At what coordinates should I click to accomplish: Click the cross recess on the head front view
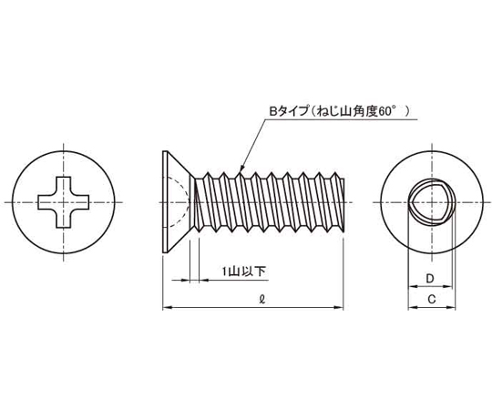[64, 202]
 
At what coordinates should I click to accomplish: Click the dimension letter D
[430, 278]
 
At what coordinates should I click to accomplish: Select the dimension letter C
[432, 300]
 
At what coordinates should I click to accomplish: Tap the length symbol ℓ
[262, 300]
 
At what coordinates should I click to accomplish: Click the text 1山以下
[244, 271]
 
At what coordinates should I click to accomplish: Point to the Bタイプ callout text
[289, 111]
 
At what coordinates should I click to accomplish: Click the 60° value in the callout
[385, 111]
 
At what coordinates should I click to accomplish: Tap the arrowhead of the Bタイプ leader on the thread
[241, 170]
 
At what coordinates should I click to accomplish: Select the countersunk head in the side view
[176, 202]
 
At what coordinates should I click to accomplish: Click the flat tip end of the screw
[343, 205]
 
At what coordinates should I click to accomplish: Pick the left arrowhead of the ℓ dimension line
[167, 307]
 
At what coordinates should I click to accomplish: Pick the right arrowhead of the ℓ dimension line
[339, 307]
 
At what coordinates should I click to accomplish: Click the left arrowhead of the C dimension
[413, 308]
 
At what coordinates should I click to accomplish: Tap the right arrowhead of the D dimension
[447, 286]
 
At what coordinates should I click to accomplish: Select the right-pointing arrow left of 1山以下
[180, 280]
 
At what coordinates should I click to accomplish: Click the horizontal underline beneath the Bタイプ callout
[341, 119]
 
